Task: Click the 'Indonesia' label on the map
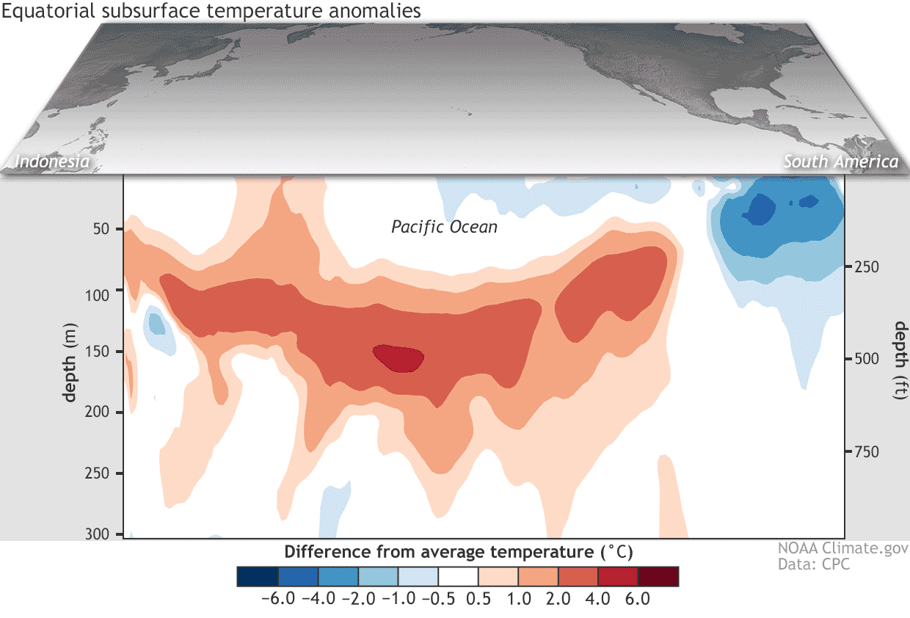(52, 161)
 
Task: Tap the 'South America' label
(840, 161)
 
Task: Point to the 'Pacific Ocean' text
(444, 227)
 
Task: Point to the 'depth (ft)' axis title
(900, 360)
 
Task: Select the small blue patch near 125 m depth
(156, 322)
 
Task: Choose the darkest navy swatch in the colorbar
(258, 576)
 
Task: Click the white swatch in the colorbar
(458, 576)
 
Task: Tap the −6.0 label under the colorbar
(278, 599)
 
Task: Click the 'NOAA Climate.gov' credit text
(842, 549)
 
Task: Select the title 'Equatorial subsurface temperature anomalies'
(211, 10)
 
